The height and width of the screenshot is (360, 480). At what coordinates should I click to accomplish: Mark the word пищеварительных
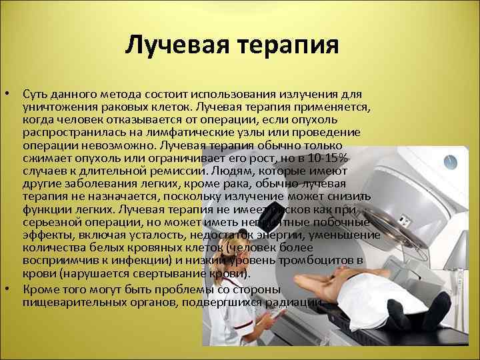[x=73, y=303]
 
